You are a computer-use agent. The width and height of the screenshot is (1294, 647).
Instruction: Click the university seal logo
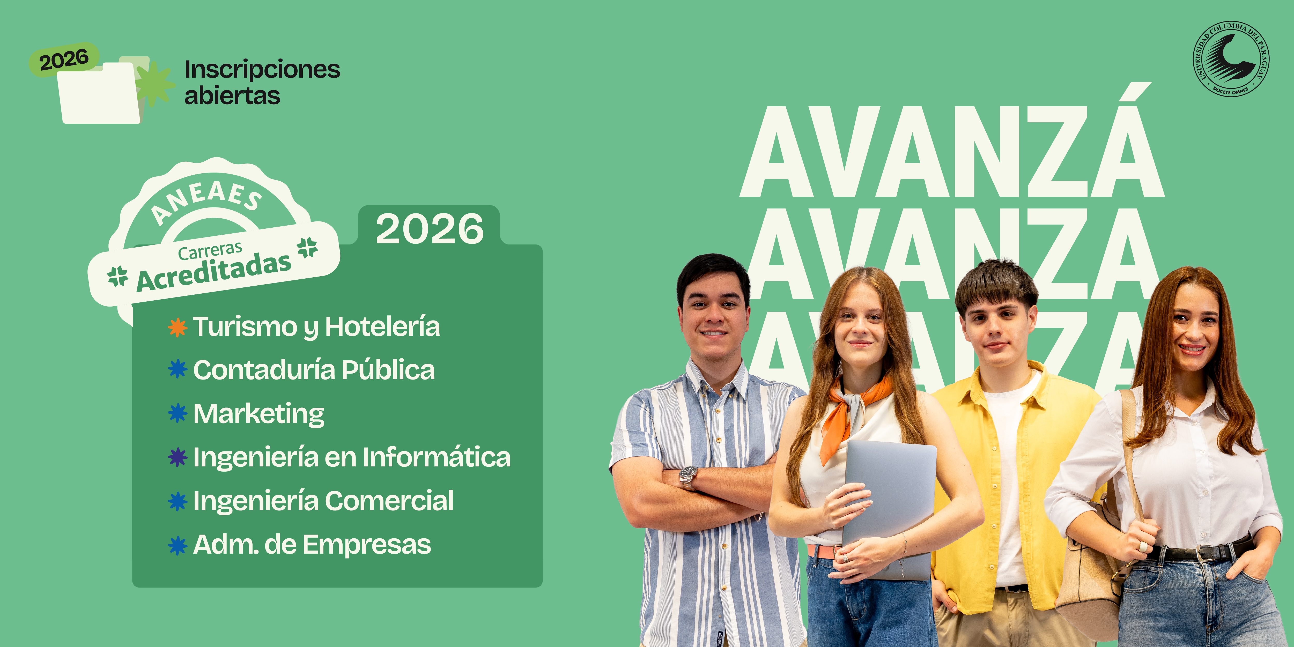pos(1231,59)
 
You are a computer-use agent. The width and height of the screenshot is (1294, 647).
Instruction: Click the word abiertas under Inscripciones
pos(232,95)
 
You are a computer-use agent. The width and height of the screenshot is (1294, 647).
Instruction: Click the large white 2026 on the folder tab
pos(430,229)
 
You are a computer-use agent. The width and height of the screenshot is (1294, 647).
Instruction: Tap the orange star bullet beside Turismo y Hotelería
pos(177,327)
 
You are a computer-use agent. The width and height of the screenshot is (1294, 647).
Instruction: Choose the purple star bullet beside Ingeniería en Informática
pos(177,457)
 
